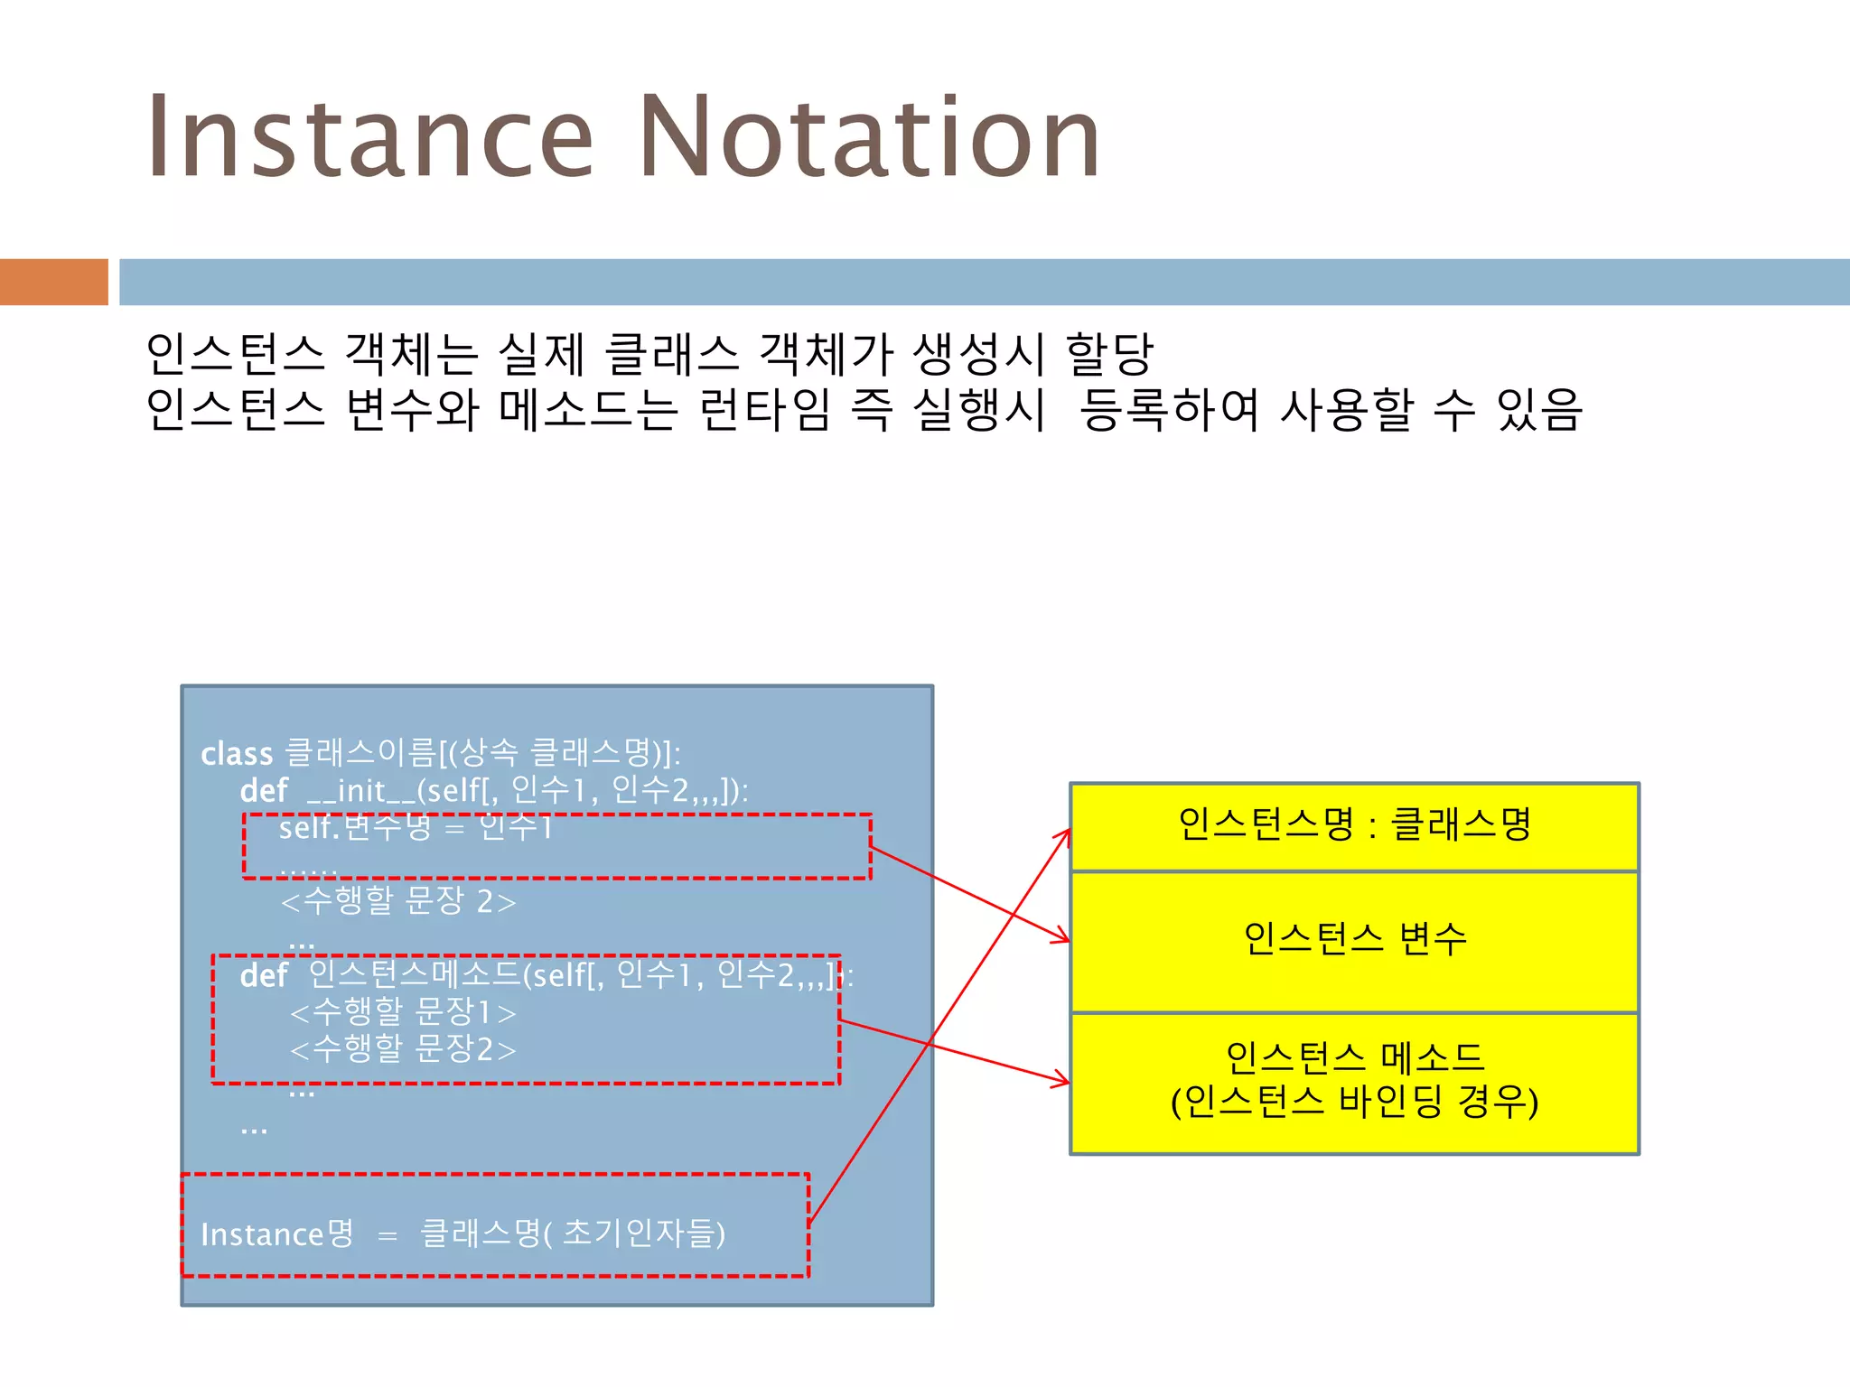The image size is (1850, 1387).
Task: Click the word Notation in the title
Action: (869, 137)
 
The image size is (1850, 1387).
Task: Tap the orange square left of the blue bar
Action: (53, 282)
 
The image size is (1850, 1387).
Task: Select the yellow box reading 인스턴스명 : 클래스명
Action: (1354, 825)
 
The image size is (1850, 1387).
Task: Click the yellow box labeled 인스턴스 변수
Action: (1354, 940)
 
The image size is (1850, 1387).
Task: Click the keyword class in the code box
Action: (237, 754)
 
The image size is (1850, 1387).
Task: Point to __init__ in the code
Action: (360, 791)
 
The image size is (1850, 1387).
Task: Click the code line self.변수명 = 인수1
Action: (416, 827)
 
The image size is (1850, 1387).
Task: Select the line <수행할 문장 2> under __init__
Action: (398, 901)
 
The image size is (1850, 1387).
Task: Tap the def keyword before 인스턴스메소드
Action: (263, 976)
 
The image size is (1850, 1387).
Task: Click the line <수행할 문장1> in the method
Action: (403, 1013)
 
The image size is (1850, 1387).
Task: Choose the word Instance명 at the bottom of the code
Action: (277, 1234)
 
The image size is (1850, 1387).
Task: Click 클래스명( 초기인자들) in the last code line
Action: (573, 1233)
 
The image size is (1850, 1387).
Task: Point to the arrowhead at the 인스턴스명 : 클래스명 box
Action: (1065, 835)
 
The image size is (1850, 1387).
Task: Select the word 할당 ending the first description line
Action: (1109, 354)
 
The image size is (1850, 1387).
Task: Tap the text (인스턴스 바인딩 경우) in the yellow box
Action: (1354, 1102)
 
